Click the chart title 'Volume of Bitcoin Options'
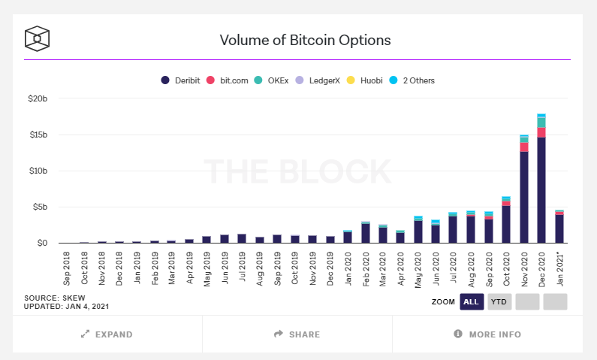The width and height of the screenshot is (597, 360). pos(305,39)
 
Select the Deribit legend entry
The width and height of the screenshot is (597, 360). pos(181,80)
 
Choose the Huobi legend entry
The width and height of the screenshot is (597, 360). pos(366,80)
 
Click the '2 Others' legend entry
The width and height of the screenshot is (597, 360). pos(412,80)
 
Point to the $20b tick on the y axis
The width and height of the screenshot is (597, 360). pos(38,99)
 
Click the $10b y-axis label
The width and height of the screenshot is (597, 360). pos(38,171)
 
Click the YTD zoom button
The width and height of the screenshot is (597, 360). pos(499,301)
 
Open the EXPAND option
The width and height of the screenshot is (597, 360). pos(107,334)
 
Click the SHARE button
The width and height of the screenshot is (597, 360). pos(297,334)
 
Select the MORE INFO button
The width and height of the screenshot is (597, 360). pos(487,334)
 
